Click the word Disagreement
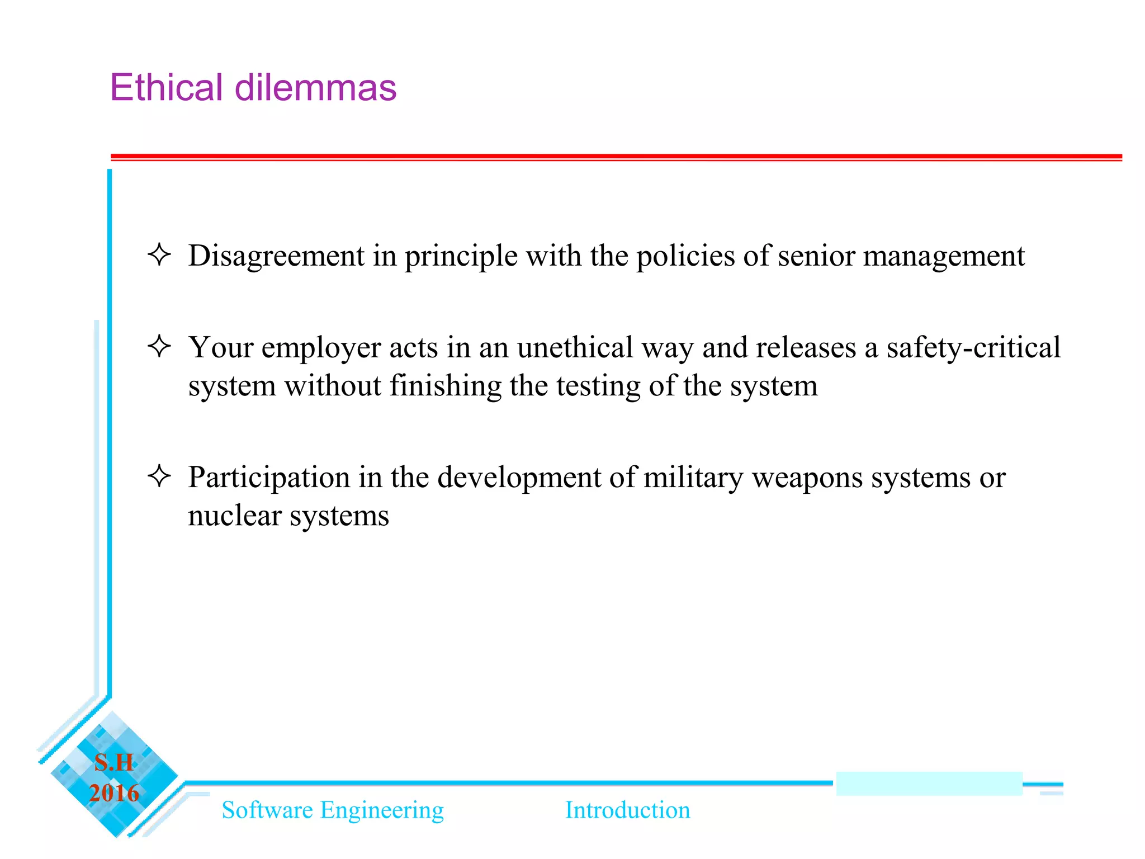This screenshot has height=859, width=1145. [276, 256]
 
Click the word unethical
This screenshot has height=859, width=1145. [575, 347]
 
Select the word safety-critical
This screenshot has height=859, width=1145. [973, 348]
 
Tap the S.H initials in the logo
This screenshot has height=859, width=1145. [114, 762]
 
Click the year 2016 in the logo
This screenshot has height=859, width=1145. [114, 793]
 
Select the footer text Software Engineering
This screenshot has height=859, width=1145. [333, 810]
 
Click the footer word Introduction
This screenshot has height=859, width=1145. [627, 810]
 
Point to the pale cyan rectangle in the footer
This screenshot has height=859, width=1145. [929, 784]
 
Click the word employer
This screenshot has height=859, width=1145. [321, 348]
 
